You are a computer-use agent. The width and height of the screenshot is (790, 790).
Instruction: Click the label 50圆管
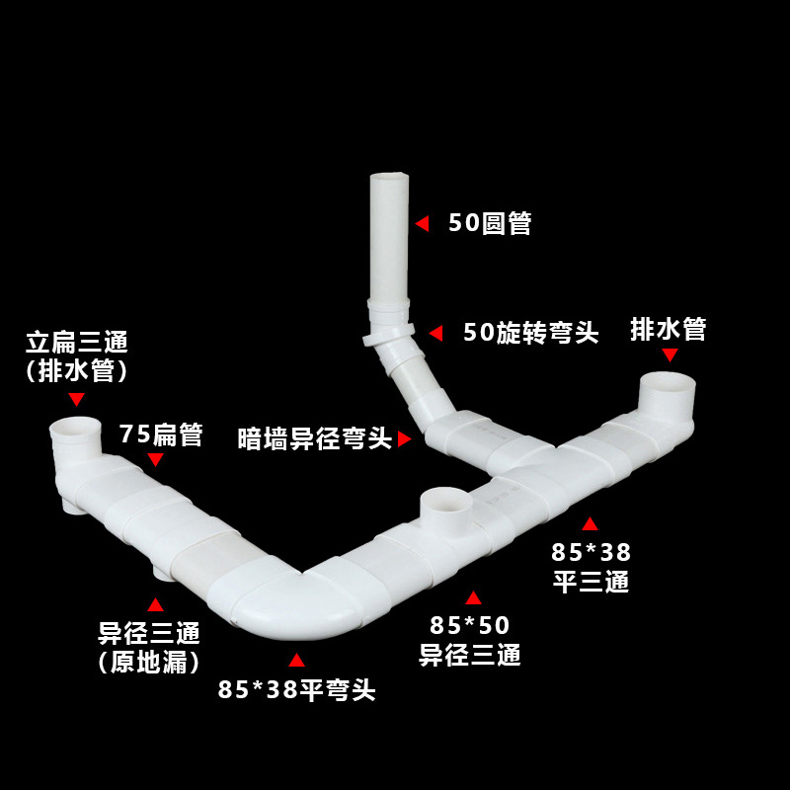point(490,223)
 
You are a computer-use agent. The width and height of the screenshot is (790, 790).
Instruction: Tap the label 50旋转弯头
point(531,333)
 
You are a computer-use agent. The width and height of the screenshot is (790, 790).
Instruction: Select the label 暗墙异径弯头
point(315,439)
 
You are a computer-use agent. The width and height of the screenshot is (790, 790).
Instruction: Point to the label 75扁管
point(161,434)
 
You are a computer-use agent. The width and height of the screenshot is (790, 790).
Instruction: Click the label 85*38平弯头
point(296,689)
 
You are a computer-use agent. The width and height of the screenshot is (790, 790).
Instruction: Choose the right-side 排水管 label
point(669,330)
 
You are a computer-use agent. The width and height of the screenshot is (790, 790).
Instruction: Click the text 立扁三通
point(77,344)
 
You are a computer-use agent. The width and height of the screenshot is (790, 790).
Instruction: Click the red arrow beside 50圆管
point(422,224)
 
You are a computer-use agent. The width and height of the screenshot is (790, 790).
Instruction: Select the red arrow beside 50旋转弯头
point(435,334)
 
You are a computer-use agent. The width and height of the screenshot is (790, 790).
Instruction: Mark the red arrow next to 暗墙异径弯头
point(404,439)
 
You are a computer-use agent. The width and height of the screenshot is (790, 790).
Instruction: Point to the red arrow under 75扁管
point(155,460)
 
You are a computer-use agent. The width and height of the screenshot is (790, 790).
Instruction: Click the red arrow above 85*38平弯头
point(296,660)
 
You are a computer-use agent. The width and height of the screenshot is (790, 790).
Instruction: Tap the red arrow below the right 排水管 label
point(670,355)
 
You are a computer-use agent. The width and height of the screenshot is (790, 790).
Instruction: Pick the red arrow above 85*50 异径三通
point(473,597)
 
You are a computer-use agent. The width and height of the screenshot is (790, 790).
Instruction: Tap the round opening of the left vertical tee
point(75,428)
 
